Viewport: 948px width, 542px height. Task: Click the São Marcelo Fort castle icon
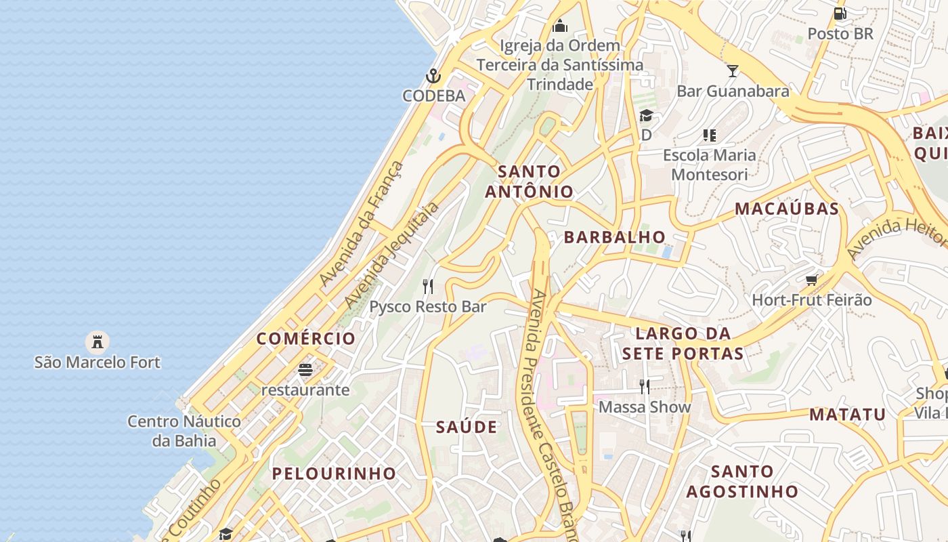98,341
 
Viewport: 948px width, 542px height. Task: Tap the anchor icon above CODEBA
433,75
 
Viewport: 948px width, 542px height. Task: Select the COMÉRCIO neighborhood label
306,338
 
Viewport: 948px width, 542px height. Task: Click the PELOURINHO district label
334,473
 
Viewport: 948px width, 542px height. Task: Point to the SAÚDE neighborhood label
467,427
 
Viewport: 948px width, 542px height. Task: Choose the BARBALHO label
615,236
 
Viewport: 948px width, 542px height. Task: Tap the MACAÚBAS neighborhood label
787,208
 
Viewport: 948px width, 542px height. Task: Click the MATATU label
848,414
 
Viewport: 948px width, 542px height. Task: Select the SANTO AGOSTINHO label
742,480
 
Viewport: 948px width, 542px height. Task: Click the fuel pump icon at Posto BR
840,13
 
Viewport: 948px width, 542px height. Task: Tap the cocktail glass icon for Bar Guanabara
733,70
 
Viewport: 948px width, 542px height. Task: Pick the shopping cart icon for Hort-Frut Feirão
812,279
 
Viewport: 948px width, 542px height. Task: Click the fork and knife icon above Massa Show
645,386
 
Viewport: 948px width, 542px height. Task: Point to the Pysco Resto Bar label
428,306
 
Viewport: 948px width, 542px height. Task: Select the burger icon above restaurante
305,369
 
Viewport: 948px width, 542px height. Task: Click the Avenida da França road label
362,223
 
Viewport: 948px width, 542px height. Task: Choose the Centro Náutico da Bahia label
184,431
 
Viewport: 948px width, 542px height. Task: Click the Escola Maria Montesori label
709,164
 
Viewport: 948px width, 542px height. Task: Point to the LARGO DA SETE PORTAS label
683,343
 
